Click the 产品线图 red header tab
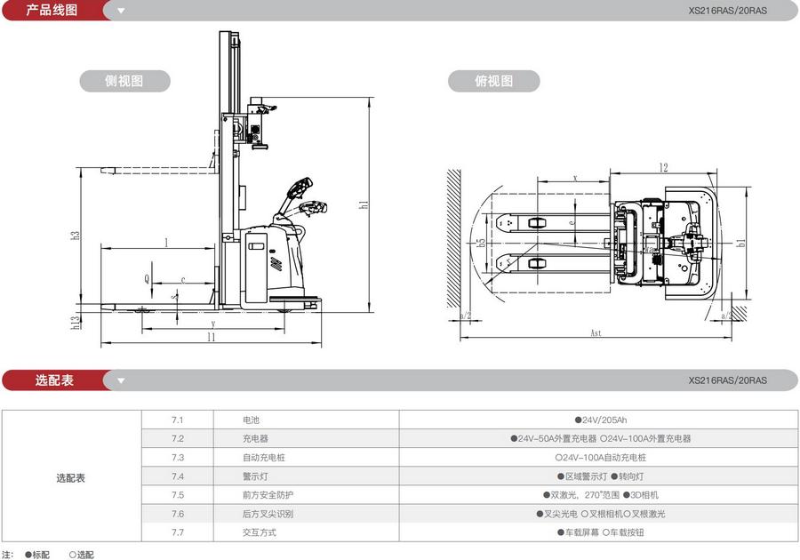(x=52, y=11)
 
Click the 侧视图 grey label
(x=124, y=81)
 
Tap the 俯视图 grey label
(x=494, y=81)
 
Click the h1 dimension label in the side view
(x=364, y=204)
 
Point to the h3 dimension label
(x=76, y=236)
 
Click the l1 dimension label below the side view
(x=211, y=337)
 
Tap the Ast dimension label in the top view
(x=596, y=333)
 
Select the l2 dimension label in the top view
(x=663, y=167)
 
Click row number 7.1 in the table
(x=177, y=420)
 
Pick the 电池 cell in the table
(x=252, y=420)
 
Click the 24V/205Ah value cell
(x=600, y=420)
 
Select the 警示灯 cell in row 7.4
(x=255, y=476)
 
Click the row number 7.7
(x=177, y=532)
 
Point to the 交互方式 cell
(x=260, y=532)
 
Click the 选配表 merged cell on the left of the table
(x=71, y=478)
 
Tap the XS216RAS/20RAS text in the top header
(x=727, y=12)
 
